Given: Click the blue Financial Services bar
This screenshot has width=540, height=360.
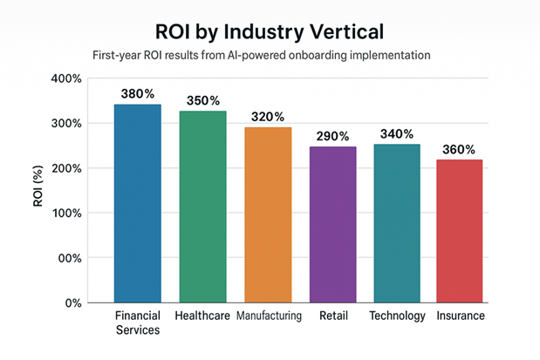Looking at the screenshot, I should (x=137, y=203).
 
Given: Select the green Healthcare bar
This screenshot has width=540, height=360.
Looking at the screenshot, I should (x=202, y=207).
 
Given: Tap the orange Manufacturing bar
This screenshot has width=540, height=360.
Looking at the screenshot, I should (x=268, y=214).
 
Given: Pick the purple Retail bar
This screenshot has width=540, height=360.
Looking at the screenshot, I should (x=332, y=224).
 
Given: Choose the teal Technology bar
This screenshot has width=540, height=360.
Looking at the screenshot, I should (x=396, y=223).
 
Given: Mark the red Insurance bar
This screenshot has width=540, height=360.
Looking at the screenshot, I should (x=459, y=231).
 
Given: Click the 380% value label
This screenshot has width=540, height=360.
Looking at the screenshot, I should (x=138, y=92).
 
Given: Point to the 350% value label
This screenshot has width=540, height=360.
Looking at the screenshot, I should (x=202, y=99).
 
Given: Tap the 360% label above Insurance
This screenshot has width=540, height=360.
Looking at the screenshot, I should (x=460, y=148).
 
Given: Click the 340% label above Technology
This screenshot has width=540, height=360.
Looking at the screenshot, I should (x=396, y=133).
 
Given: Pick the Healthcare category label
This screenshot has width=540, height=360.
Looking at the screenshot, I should (x=202, y=316).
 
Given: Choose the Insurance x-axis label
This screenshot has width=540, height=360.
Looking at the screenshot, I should (x=460, y=316).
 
